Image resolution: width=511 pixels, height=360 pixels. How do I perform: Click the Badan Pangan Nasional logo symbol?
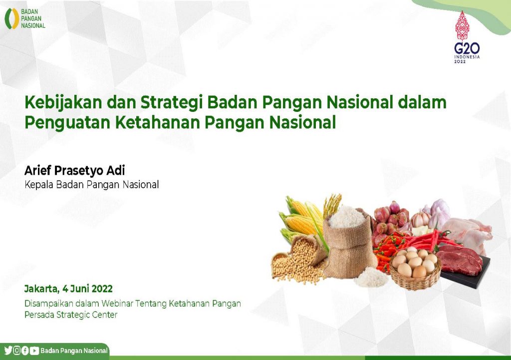coord(12,18)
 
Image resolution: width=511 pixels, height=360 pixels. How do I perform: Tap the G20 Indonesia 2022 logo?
coord(467,37)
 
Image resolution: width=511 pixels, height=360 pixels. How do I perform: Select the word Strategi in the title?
coord(172,103)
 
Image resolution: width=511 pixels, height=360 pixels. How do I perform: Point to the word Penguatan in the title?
coord(67,123)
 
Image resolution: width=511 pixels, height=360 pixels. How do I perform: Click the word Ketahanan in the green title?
coord(158,122)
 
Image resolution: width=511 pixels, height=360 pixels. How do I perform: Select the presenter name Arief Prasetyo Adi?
coord(75,171)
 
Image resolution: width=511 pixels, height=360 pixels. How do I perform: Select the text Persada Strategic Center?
coord(71,315)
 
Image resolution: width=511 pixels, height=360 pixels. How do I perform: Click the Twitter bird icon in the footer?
coord(8,351)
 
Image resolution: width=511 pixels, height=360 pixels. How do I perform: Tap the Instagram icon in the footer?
coord(16,351)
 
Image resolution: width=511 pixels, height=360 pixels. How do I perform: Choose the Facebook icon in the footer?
coord(25,351)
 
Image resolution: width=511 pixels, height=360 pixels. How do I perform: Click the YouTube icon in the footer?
coord(34,351)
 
